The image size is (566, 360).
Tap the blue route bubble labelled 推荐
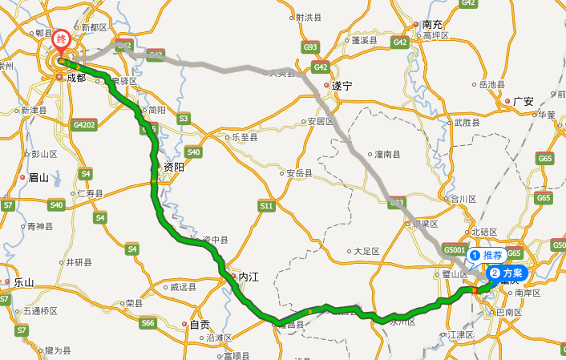(487, 255)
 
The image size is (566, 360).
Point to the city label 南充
(432, 25)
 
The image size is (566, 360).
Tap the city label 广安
(524, 101)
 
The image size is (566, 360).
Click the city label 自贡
(199, 325)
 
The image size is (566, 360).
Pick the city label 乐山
(24, 282)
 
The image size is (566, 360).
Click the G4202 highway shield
(83, 125)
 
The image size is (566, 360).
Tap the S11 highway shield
(266, 206)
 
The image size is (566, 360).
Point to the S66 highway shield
(148, 323)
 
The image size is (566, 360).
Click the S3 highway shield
(184, 119)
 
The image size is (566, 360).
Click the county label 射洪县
(308, 17)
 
